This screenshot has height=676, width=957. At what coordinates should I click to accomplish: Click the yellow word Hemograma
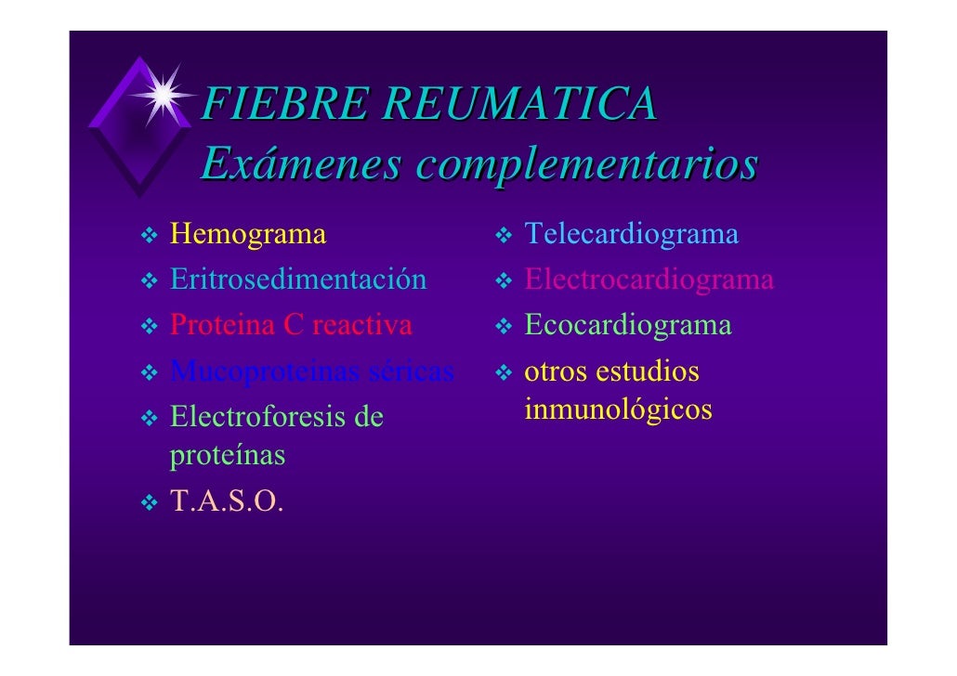click(x=248, y=234)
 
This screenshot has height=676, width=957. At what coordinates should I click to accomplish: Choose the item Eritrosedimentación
click(x=298, y=279)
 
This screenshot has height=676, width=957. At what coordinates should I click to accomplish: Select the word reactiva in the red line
click(x=362, y=326)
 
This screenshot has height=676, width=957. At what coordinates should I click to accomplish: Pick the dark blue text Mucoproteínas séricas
click(x=312, y=372)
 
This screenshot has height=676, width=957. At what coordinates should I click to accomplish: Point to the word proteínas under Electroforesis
click(x=228, y=456)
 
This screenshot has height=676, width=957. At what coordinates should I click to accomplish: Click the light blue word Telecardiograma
click(x=632, y=234)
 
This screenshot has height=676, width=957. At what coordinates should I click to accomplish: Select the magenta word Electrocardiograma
click(x=649, y=279)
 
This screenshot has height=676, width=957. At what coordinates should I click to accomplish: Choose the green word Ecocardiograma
click(x=628, y=326)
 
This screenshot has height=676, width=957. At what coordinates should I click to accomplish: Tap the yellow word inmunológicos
click(x=619, y=409)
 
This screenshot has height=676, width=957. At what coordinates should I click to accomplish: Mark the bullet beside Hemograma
click(x=149, y=236)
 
